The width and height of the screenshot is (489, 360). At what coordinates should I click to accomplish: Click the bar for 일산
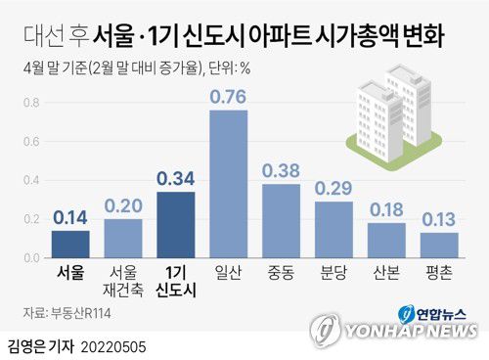click(x=229, y=183)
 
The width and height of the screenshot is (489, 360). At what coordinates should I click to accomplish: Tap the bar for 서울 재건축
click(x=123, y=238)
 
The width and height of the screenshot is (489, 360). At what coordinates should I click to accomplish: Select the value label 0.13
click(x=439, y=217)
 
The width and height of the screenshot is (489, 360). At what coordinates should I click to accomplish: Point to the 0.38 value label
click(x=282, y=169)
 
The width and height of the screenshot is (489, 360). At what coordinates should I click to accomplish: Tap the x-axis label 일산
click(x=229, y=269)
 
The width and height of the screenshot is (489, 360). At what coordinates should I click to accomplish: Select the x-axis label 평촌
click(x=439, y=269)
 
